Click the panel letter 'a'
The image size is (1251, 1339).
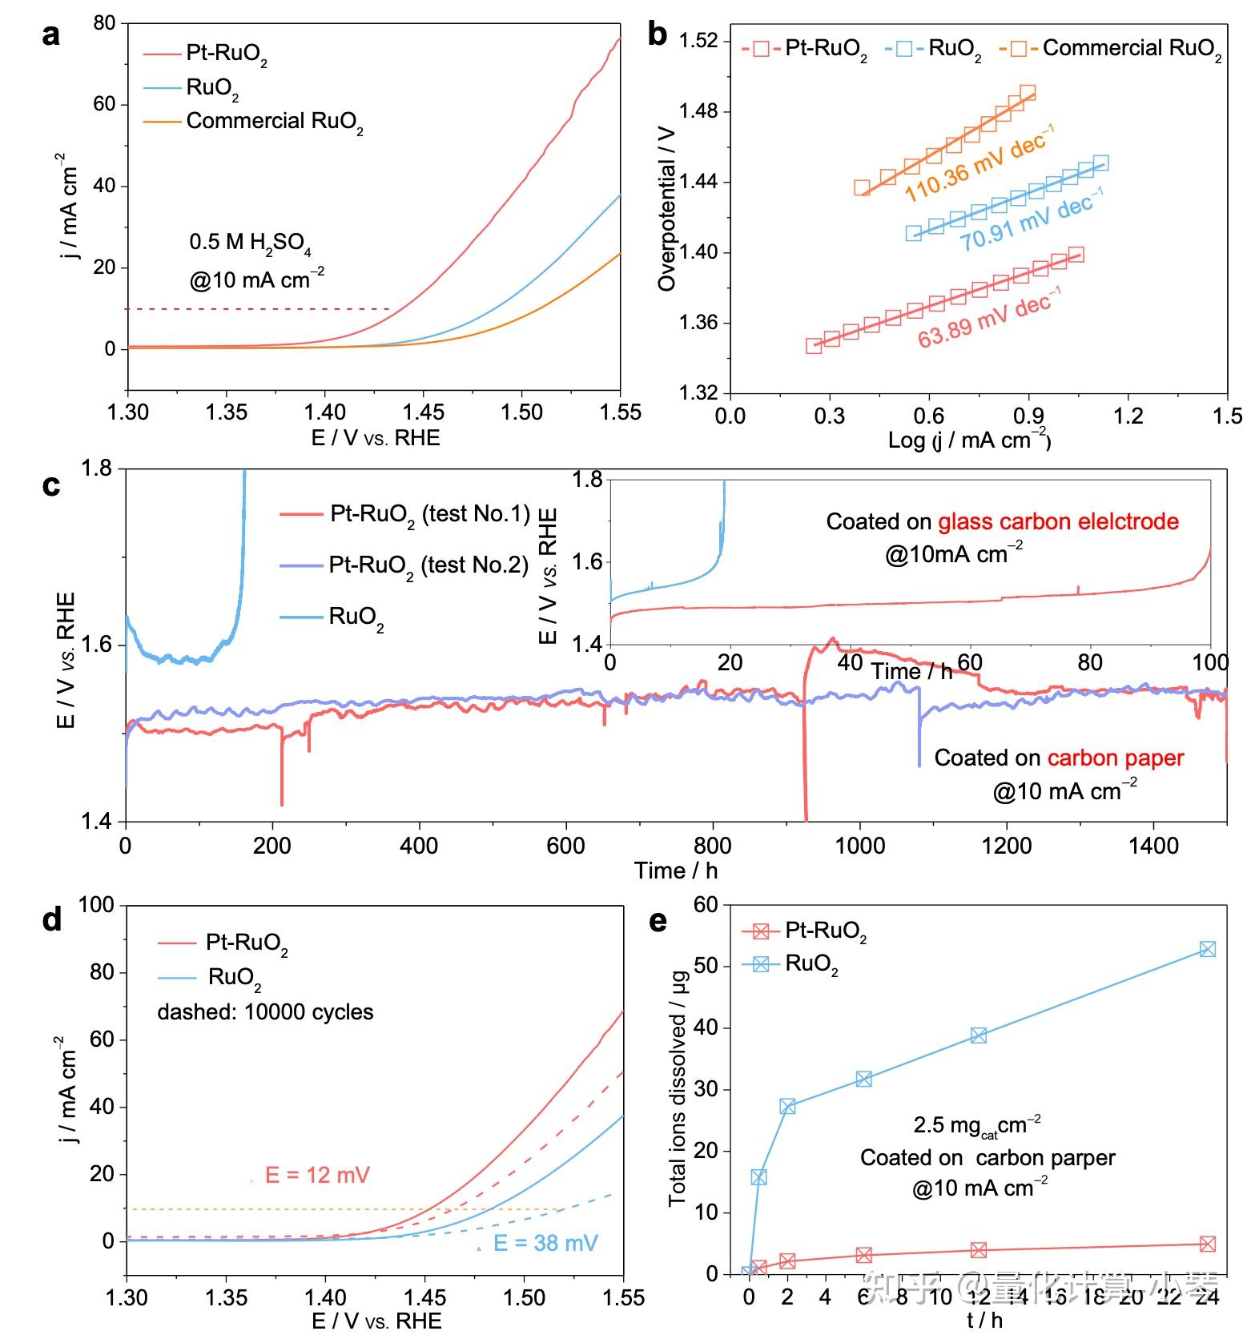(51, 36)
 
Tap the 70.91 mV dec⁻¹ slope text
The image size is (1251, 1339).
(1032, 220)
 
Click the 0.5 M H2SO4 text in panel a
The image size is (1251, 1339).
(250, 243)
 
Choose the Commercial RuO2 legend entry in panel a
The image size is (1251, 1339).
(274, 122)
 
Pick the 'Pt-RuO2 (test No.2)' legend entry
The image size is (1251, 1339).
(428, 566)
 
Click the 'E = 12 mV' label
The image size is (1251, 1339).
(317, 1175)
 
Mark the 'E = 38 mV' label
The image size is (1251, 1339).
(545, 1243)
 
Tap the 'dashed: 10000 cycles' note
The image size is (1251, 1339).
(265, 1012)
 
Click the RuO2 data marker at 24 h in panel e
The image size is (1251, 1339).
(1207, 949)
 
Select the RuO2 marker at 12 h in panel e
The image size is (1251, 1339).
(978, 1035)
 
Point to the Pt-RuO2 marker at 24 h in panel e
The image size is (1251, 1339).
(1207, 1244)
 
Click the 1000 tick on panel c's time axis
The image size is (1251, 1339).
(859, 846)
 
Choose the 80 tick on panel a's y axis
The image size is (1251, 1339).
(105, 23)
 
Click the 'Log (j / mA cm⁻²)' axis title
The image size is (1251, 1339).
(969, 440)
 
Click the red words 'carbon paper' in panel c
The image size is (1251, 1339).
(1115, 758)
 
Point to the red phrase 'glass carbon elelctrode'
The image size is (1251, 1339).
(1058, 521)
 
